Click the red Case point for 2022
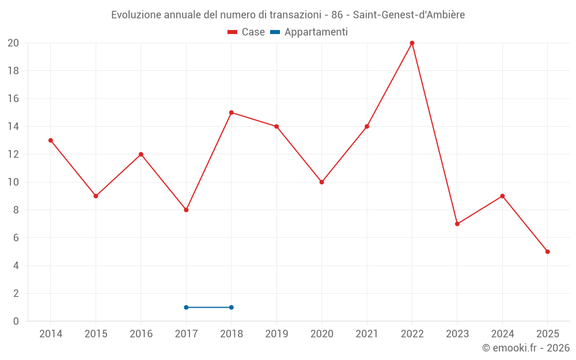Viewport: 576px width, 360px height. pyautogui.click(x=412, y=43)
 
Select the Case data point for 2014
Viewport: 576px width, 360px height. pyautogui.click(x=51, y=141)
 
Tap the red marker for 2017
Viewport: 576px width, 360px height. pyautogui.click(x=186, y=210)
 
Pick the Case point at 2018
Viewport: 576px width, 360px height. pyautogui.click(x=232, y=112)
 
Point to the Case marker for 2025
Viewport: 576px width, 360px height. pyautogui.click(x=547, y=252)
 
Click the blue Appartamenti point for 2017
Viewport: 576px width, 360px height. pyautogui.click(x=186, y=307)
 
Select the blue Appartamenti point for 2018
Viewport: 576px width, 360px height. pyautogui.click(x=232, y=307)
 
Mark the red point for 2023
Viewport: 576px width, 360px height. pyautogui.click(x=457, y=224)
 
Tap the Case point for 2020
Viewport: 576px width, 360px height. pyautogui.click(x=321, y=182)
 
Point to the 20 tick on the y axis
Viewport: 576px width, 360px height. pyautogui.click(x=13, y=43)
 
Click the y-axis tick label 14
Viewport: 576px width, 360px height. pyautogui.click(x=13, y=127)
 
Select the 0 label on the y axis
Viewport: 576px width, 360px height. pyautogui.click(x=16, y=321)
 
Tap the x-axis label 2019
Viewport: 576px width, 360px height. pyautogui.click(x=276, y=334)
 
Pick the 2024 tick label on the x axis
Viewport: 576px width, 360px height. pyautogui.click(x=502, y=334)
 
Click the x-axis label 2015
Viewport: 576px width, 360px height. pyautogui.click(x=96, y=334)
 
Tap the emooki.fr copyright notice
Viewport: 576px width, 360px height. pyautogui.click(x=526, y=348)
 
